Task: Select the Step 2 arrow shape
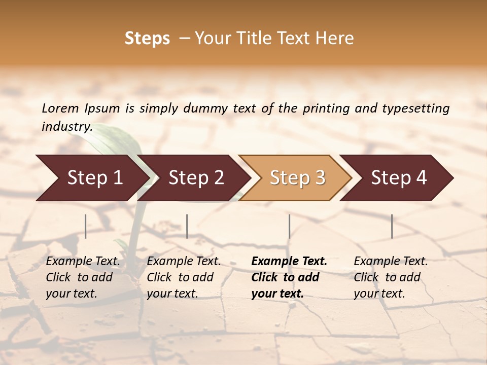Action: tap(196, 178)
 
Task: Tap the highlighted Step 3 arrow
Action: tap(297, 178)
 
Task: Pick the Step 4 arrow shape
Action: tap(399, 178)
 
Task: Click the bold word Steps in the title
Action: tap(147, 39)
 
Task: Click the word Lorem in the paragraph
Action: tap(60, 108)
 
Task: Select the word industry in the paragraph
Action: tap(66, 126)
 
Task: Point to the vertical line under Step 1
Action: tap(85, 226)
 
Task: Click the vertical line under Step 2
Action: tap(187, 226)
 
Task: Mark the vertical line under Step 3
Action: tap(289, 226)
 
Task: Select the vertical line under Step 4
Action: tap(392, 226)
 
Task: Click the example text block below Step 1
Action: tap(83, 277)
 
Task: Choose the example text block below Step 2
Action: tap(184, 277)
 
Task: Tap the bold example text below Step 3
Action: tap(289, 277)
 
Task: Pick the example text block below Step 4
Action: tap(391, 277)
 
